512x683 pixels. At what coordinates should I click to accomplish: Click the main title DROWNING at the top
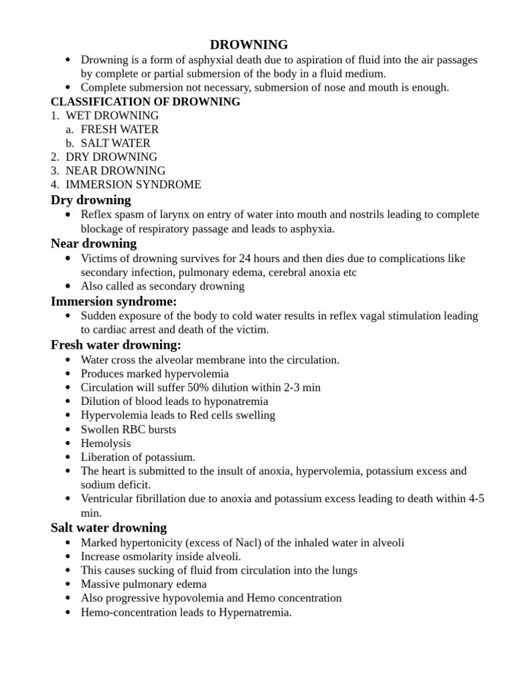click(249, 45)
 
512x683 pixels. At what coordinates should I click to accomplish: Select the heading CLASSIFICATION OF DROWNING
click(145, 102)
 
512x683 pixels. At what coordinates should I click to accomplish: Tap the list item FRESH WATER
click(119, 129)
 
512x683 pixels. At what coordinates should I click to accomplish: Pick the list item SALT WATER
click(115, 143)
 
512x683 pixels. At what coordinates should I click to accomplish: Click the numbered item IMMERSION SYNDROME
click(133, 185)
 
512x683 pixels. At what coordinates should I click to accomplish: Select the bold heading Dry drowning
click(91, 200)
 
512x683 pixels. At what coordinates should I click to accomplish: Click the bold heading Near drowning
click(93, 243)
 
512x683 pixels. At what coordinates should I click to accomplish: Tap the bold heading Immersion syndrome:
click(113, 301)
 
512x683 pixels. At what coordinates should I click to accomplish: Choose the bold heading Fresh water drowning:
click(116, 345)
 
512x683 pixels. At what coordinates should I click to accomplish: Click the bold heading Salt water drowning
click(109, 528)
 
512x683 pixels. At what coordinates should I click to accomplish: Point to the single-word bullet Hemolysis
click(105, 443)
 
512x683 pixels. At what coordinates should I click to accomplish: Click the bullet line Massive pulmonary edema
click(143, 584)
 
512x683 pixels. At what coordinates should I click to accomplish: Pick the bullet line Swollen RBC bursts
click(128, 430)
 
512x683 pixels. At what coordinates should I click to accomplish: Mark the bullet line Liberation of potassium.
click(138, 457)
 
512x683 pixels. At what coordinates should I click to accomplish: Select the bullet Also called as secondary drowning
click(163, 286)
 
